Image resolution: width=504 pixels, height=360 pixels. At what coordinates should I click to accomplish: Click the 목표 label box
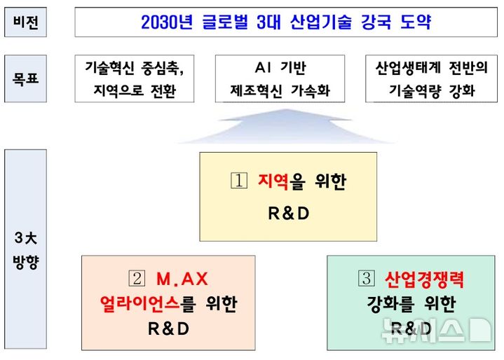pos(25,78)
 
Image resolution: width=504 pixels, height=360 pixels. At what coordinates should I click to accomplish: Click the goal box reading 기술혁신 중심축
pos(135,78)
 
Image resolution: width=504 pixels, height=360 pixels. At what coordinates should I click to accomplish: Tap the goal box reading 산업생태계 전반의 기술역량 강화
pos(431,78)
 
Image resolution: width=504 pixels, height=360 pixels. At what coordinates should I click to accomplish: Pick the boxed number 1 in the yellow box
pos(240,181)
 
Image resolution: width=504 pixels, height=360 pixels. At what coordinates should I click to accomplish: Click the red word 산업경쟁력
pos(424,279)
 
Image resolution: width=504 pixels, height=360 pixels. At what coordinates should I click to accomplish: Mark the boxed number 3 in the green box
pos(367,279)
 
